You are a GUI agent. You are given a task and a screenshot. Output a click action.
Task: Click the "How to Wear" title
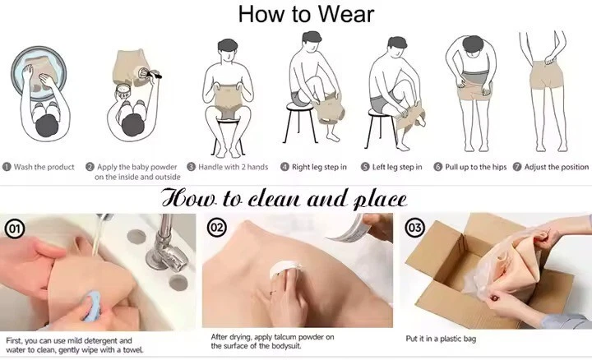[306, 14]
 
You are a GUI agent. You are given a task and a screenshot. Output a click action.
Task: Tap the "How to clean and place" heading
[284, 198]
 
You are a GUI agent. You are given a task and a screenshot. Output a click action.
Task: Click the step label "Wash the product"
[44, 167]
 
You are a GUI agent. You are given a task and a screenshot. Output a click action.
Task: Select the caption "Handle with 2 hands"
[234, 167]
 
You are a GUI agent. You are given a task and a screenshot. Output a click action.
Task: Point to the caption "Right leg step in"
[319, 167]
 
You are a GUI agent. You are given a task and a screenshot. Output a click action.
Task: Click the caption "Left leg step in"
[397, 167]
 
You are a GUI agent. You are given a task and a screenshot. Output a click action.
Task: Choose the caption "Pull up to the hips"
[476, 167]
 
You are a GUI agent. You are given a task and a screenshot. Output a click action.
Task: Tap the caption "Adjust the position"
[557, 167]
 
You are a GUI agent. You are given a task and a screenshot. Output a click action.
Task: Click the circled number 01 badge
[15, 228]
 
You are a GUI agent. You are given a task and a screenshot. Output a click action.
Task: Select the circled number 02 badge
[217, 228]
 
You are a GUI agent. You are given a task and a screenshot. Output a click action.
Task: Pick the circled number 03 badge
[414, 227]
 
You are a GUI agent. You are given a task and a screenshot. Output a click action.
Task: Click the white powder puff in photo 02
[285, 269]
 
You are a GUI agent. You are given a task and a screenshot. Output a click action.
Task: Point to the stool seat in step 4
[300, 107]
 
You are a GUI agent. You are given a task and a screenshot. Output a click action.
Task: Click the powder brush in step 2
[149, 74]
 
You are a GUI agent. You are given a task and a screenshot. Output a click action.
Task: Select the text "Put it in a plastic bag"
[441, 339]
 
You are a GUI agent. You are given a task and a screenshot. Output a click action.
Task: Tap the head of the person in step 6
[473, 44]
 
